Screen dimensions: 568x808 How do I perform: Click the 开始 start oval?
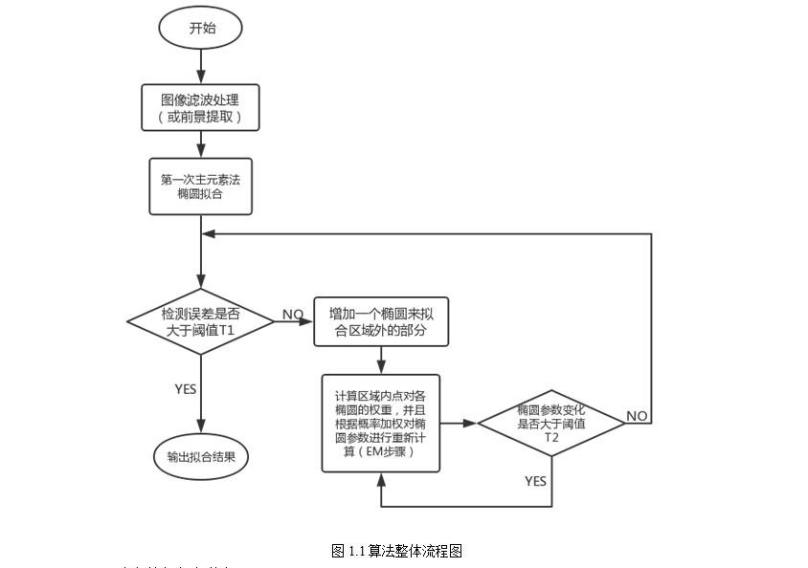pos(201,29)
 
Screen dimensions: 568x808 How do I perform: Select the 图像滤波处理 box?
pos(201,107)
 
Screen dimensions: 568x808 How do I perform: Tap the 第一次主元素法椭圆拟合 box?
pos(201,186)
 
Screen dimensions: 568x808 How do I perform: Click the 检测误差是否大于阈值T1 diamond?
pos(201,321)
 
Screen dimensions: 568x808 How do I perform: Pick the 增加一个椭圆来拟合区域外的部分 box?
pos(382,321)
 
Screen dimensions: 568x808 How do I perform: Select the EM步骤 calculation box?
pos(381,423)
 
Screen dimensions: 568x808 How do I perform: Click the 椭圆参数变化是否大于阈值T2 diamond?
pos(551,422)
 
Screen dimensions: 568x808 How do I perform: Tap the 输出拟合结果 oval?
pos(201,457)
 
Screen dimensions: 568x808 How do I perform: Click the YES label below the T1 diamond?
pos(186,389)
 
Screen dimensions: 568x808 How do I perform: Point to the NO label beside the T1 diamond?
pos(292,314)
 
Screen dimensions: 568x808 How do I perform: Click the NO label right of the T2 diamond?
pos(638,415)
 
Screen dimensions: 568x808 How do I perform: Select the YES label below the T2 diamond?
pos(535,481)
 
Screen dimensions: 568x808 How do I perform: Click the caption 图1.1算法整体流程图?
pos(397,551)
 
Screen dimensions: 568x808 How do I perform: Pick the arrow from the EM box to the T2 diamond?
pos(459,422)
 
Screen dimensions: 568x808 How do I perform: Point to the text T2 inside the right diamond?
pos(551,436)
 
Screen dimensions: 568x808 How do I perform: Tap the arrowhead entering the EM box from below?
pos(381,478)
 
